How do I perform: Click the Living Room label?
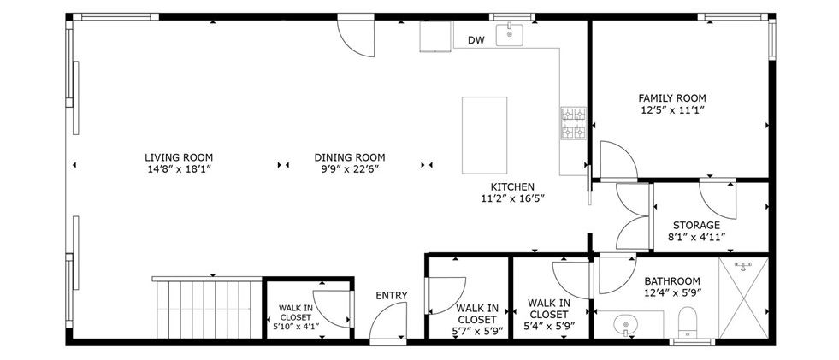pyautogui.click(x=179, y=158)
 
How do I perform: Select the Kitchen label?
pyautogui.click(x=512, y=186)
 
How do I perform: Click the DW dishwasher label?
pyautogui.click(x=476, y=40)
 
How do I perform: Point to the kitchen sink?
pyautogui.click(x=510, y=35)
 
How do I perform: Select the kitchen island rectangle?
pyautogui.click(x=484, y=135)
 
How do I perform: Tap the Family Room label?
pyautogui.click(x=672, y=98)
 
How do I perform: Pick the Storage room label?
pyautogui.click(x=696, y=225)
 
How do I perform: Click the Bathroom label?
pyautogui.click(x=672, y=281)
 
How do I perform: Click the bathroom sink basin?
pyautogui.click(x=623, y=324)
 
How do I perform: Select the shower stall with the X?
pyautogui.click(x=743, y=298)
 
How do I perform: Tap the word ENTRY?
pyautogui.click(x=392, y=296)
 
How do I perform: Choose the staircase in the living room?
pyautogui.click(x=208, y=308)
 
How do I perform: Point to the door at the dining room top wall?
pyautogui.click(x=356, y=38)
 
